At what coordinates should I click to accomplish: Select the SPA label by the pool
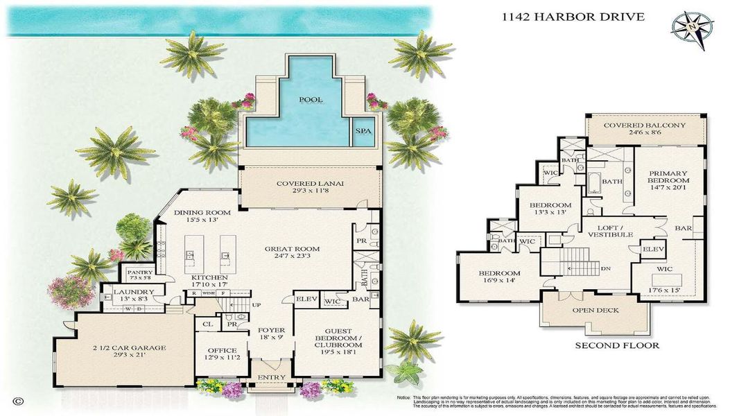tap(363, 130)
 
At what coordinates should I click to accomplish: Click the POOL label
tap(311, 100)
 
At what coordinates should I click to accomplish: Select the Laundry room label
tap(130, 292)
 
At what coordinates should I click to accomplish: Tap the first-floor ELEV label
tap(306, 300)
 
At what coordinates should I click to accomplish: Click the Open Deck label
tap(594, 310)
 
